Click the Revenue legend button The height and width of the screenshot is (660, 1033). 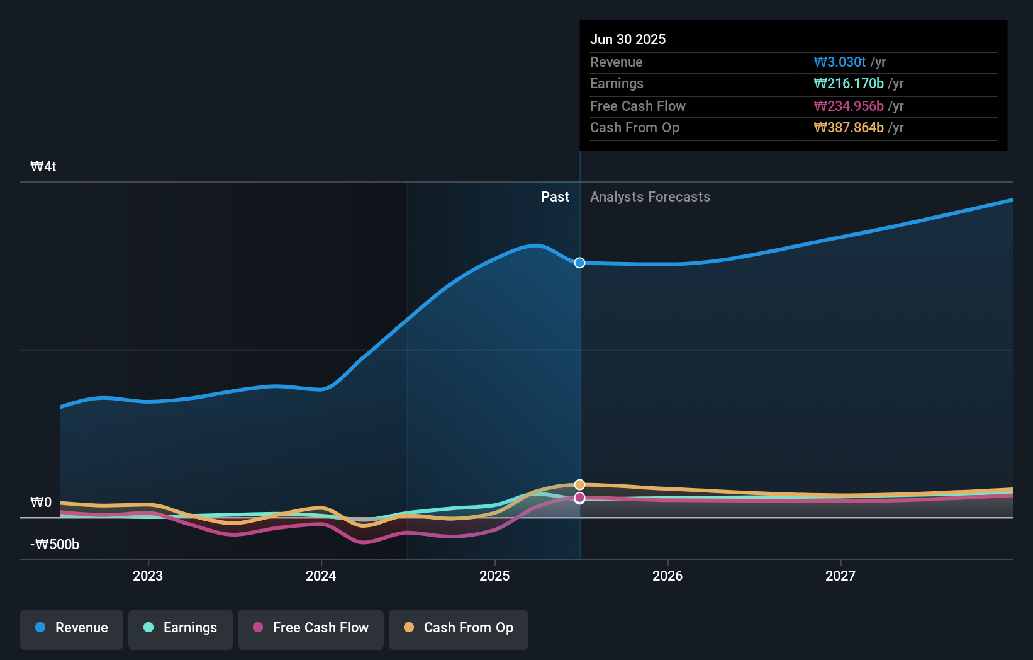(72, 629)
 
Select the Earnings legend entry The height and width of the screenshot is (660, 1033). (181, 629)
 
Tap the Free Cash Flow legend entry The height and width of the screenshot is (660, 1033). (311, 629)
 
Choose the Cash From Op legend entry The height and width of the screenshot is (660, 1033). (459, 629)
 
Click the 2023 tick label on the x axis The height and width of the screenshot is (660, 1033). (148, 576)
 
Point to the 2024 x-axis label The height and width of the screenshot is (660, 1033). (321, 576)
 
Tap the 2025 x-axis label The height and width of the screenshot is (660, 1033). (494, 576)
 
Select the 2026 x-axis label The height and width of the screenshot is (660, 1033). (667, 576)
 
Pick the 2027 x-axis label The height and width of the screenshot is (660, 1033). (840, 576)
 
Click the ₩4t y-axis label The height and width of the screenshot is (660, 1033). (43, 167)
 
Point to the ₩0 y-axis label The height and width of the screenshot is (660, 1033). (41, 503)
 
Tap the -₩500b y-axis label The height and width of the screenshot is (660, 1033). (55, 545)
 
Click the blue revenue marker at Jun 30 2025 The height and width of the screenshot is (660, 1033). (580, 263)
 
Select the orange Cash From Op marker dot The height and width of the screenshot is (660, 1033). (580, 484)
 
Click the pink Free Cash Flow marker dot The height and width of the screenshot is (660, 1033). (580, 498)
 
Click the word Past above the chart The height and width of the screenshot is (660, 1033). (555, 197)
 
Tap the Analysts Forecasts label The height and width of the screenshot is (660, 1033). (650, 197)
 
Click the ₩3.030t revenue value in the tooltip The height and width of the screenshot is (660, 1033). (840, 62)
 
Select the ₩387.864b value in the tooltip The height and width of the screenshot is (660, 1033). (849, 128)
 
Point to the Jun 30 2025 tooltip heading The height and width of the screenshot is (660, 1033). (628, 40)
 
